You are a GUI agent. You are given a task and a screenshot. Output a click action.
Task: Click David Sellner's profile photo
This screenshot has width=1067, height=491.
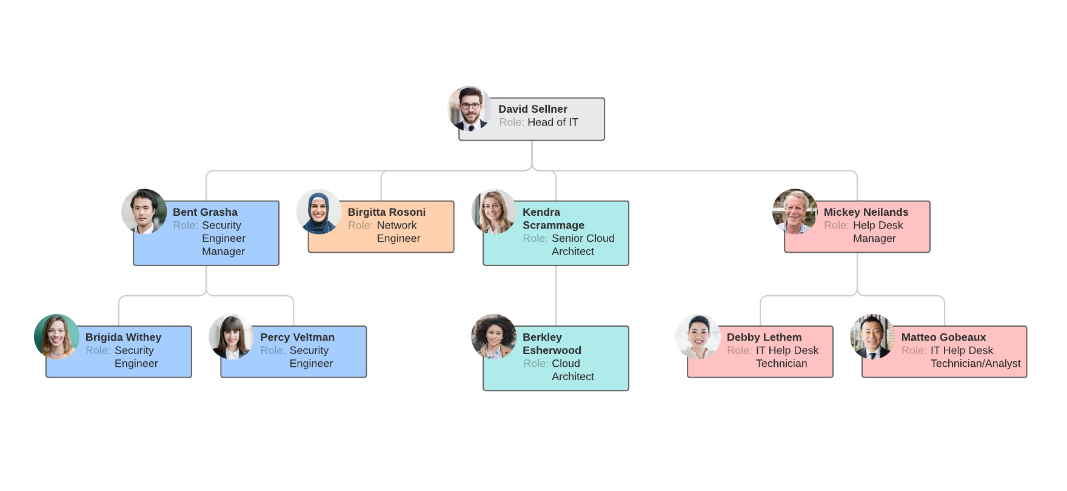coord(470,109)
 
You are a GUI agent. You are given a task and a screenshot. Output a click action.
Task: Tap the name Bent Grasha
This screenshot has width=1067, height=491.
coord(205,212)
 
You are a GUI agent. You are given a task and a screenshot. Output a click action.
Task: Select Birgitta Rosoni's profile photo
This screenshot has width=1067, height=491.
coord(319,212)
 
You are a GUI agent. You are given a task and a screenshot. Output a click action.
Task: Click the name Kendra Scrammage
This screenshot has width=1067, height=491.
coord(553,219)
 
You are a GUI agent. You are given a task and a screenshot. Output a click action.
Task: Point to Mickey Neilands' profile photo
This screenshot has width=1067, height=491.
coord(795,212)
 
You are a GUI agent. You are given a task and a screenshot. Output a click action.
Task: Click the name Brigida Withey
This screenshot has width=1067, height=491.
coord(123,337)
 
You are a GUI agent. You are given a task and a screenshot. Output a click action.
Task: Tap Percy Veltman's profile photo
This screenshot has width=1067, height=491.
coord(231,336)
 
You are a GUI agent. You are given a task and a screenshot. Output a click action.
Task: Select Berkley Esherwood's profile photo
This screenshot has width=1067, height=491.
coord(493,336)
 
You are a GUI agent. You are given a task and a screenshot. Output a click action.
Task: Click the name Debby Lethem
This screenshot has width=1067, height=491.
coord(764,337)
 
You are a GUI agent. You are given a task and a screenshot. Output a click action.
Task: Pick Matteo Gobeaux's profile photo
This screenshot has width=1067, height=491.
coord(872,336)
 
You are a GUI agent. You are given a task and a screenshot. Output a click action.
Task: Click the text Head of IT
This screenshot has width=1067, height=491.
coord(552,122)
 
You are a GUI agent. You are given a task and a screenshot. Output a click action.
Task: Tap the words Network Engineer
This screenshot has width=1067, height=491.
coord(398,232)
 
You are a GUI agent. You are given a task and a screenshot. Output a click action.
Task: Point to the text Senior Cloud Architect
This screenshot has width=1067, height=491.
coord(582,245)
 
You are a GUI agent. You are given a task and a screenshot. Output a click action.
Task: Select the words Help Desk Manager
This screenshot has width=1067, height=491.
coord(877,232)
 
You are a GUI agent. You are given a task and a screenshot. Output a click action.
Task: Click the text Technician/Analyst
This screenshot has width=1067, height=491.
coord(975,364)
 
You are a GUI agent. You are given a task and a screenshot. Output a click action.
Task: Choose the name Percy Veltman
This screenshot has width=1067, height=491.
coord(297,337)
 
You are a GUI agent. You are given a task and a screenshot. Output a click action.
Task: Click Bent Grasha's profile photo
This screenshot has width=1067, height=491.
coord(144,212)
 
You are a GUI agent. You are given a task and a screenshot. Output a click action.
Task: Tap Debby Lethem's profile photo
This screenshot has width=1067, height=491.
coord(698,336)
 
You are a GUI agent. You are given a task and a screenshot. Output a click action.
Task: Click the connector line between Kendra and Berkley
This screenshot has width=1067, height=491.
coord(556,296)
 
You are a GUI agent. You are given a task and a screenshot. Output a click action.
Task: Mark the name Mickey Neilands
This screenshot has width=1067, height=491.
coord(866,212)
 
